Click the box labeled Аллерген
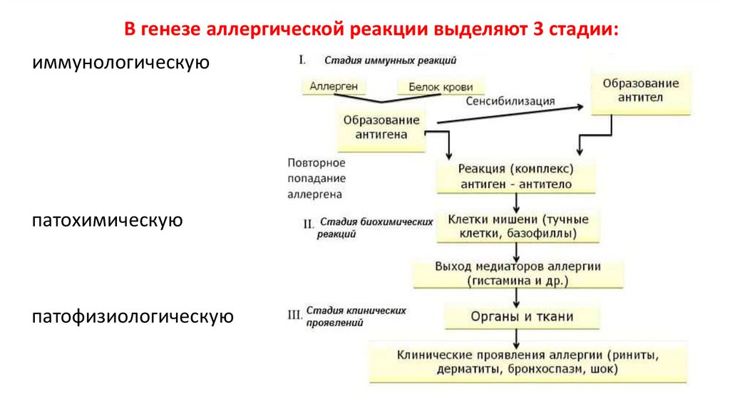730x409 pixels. (334, 87)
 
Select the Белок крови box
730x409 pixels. (440, 87)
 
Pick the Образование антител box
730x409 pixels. (640, 90)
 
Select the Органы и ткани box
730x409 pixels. (522, 316)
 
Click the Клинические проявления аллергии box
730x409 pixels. (528, 362)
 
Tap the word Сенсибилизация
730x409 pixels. (510, 101)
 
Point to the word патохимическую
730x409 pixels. (107, 220)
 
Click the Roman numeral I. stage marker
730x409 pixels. (302, 60)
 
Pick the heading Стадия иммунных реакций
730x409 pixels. (390, 61)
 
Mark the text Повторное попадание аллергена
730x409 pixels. (317, 178)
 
